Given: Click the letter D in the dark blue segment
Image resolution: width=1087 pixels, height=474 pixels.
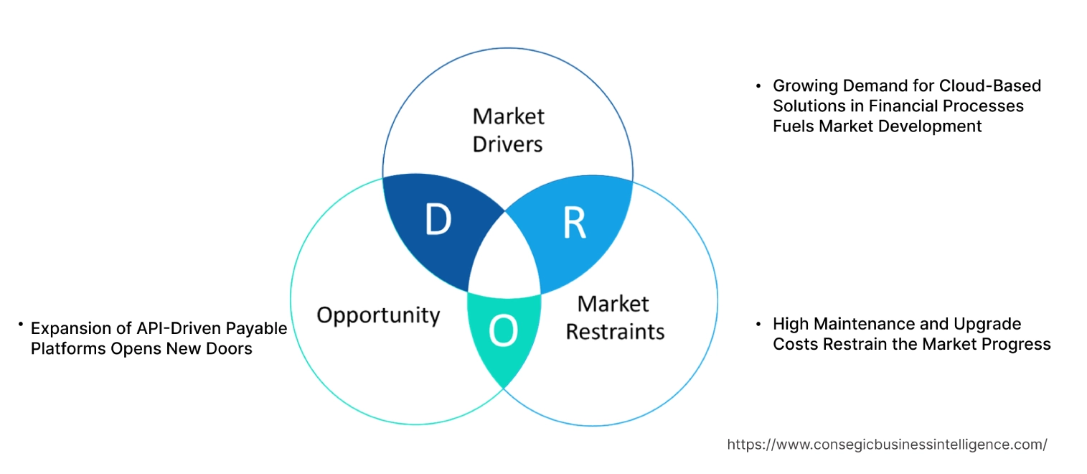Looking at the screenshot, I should tap(438, 220).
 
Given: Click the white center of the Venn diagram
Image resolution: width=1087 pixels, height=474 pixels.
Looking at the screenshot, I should tap(505, 262).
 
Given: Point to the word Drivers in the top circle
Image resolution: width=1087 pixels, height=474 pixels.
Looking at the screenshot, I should tap(507, 144).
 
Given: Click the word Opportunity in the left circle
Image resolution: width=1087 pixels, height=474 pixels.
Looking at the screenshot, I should tap(378, 315).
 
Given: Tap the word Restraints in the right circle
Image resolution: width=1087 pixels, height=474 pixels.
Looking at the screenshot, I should tap(615, 332).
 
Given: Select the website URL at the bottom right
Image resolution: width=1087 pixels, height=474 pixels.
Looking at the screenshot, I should tap(887, 445).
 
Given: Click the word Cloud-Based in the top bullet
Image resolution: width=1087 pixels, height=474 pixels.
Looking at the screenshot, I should tap(991, 85).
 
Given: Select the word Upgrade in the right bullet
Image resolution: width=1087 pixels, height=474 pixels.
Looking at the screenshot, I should tap(987, 324).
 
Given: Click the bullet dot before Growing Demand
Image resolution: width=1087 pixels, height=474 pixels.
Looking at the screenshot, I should tap(758, 86).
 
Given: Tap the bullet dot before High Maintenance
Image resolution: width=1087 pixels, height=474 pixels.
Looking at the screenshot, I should tap(758, 325).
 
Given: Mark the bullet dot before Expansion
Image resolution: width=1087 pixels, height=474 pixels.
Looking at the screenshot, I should tap(21, 326).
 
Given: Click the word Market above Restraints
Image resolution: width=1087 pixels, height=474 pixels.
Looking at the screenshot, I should tap(613, 304).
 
